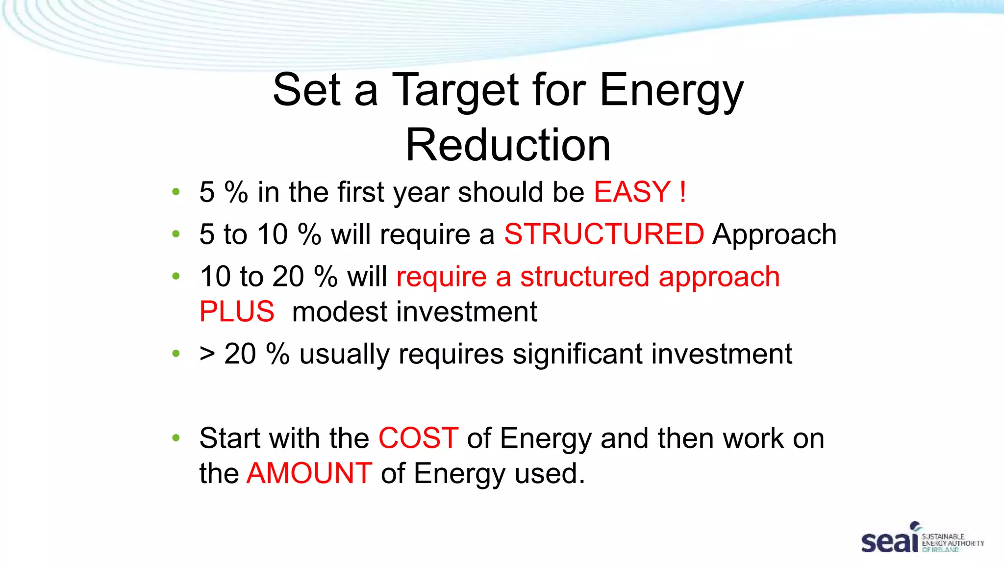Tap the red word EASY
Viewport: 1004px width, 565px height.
click(x=632, y=192)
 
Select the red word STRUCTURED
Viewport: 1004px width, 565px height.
click(x=604, y=234)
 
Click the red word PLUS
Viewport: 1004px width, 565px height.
click(x=237, y=312)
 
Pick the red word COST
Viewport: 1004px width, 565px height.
click(x=418, y=438)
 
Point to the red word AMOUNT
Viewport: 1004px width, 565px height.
click(x=309, y=473)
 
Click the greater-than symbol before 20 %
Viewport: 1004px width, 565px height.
click(x=207, y=354)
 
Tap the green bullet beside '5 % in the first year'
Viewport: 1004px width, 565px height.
click(x=176, y=192)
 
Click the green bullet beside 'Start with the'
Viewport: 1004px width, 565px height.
click(x=176, y=438)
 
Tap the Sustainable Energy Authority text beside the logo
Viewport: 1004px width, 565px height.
click(x=952, y=543)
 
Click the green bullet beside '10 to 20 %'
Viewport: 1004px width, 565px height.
click(x=176, y=277)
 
